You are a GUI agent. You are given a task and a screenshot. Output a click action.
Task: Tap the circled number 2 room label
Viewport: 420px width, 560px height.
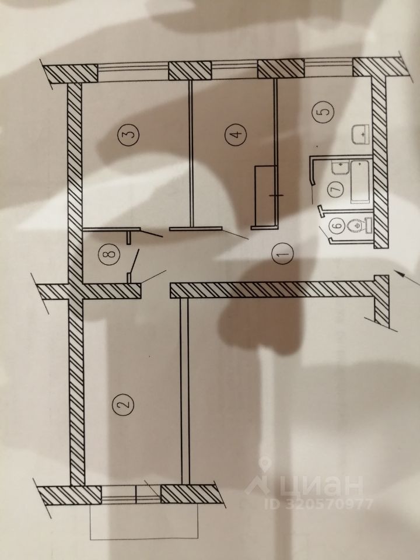coord(122,402)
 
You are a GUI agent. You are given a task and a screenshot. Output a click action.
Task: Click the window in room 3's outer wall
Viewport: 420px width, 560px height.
coord(132,72)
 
